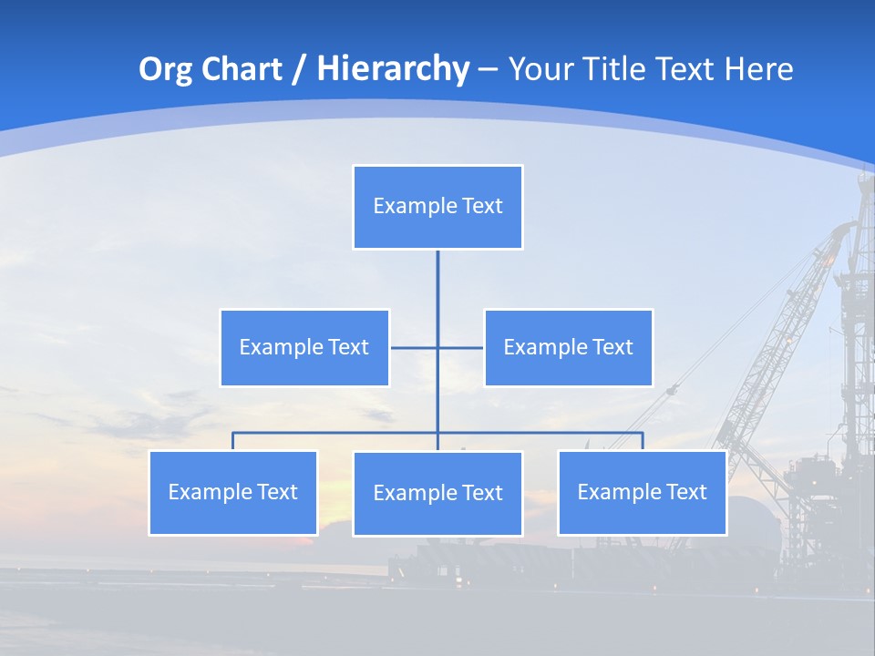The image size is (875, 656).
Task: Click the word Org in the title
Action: point(165,69)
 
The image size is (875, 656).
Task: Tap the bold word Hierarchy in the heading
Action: point(393,69)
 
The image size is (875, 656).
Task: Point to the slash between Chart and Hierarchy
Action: point(299,70)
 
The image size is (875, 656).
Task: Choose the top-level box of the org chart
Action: point(437,207)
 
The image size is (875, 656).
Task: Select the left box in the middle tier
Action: point(304,347)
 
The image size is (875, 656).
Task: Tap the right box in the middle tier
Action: point(568,347)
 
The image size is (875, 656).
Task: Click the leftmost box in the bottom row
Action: point(232,493)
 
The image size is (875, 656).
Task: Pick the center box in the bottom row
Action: point(437,494)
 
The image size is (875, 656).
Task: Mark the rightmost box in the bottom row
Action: point(642,493)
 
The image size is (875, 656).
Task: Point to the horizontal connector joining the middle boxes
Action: point(415,347)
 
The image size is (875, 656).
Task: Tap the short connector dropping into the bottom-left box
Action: point(232,441)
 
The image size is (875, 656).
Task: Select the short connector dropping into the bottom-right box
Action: point(643,441)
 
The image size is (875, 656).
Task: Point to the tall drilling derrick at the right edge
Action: point(857,319)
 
